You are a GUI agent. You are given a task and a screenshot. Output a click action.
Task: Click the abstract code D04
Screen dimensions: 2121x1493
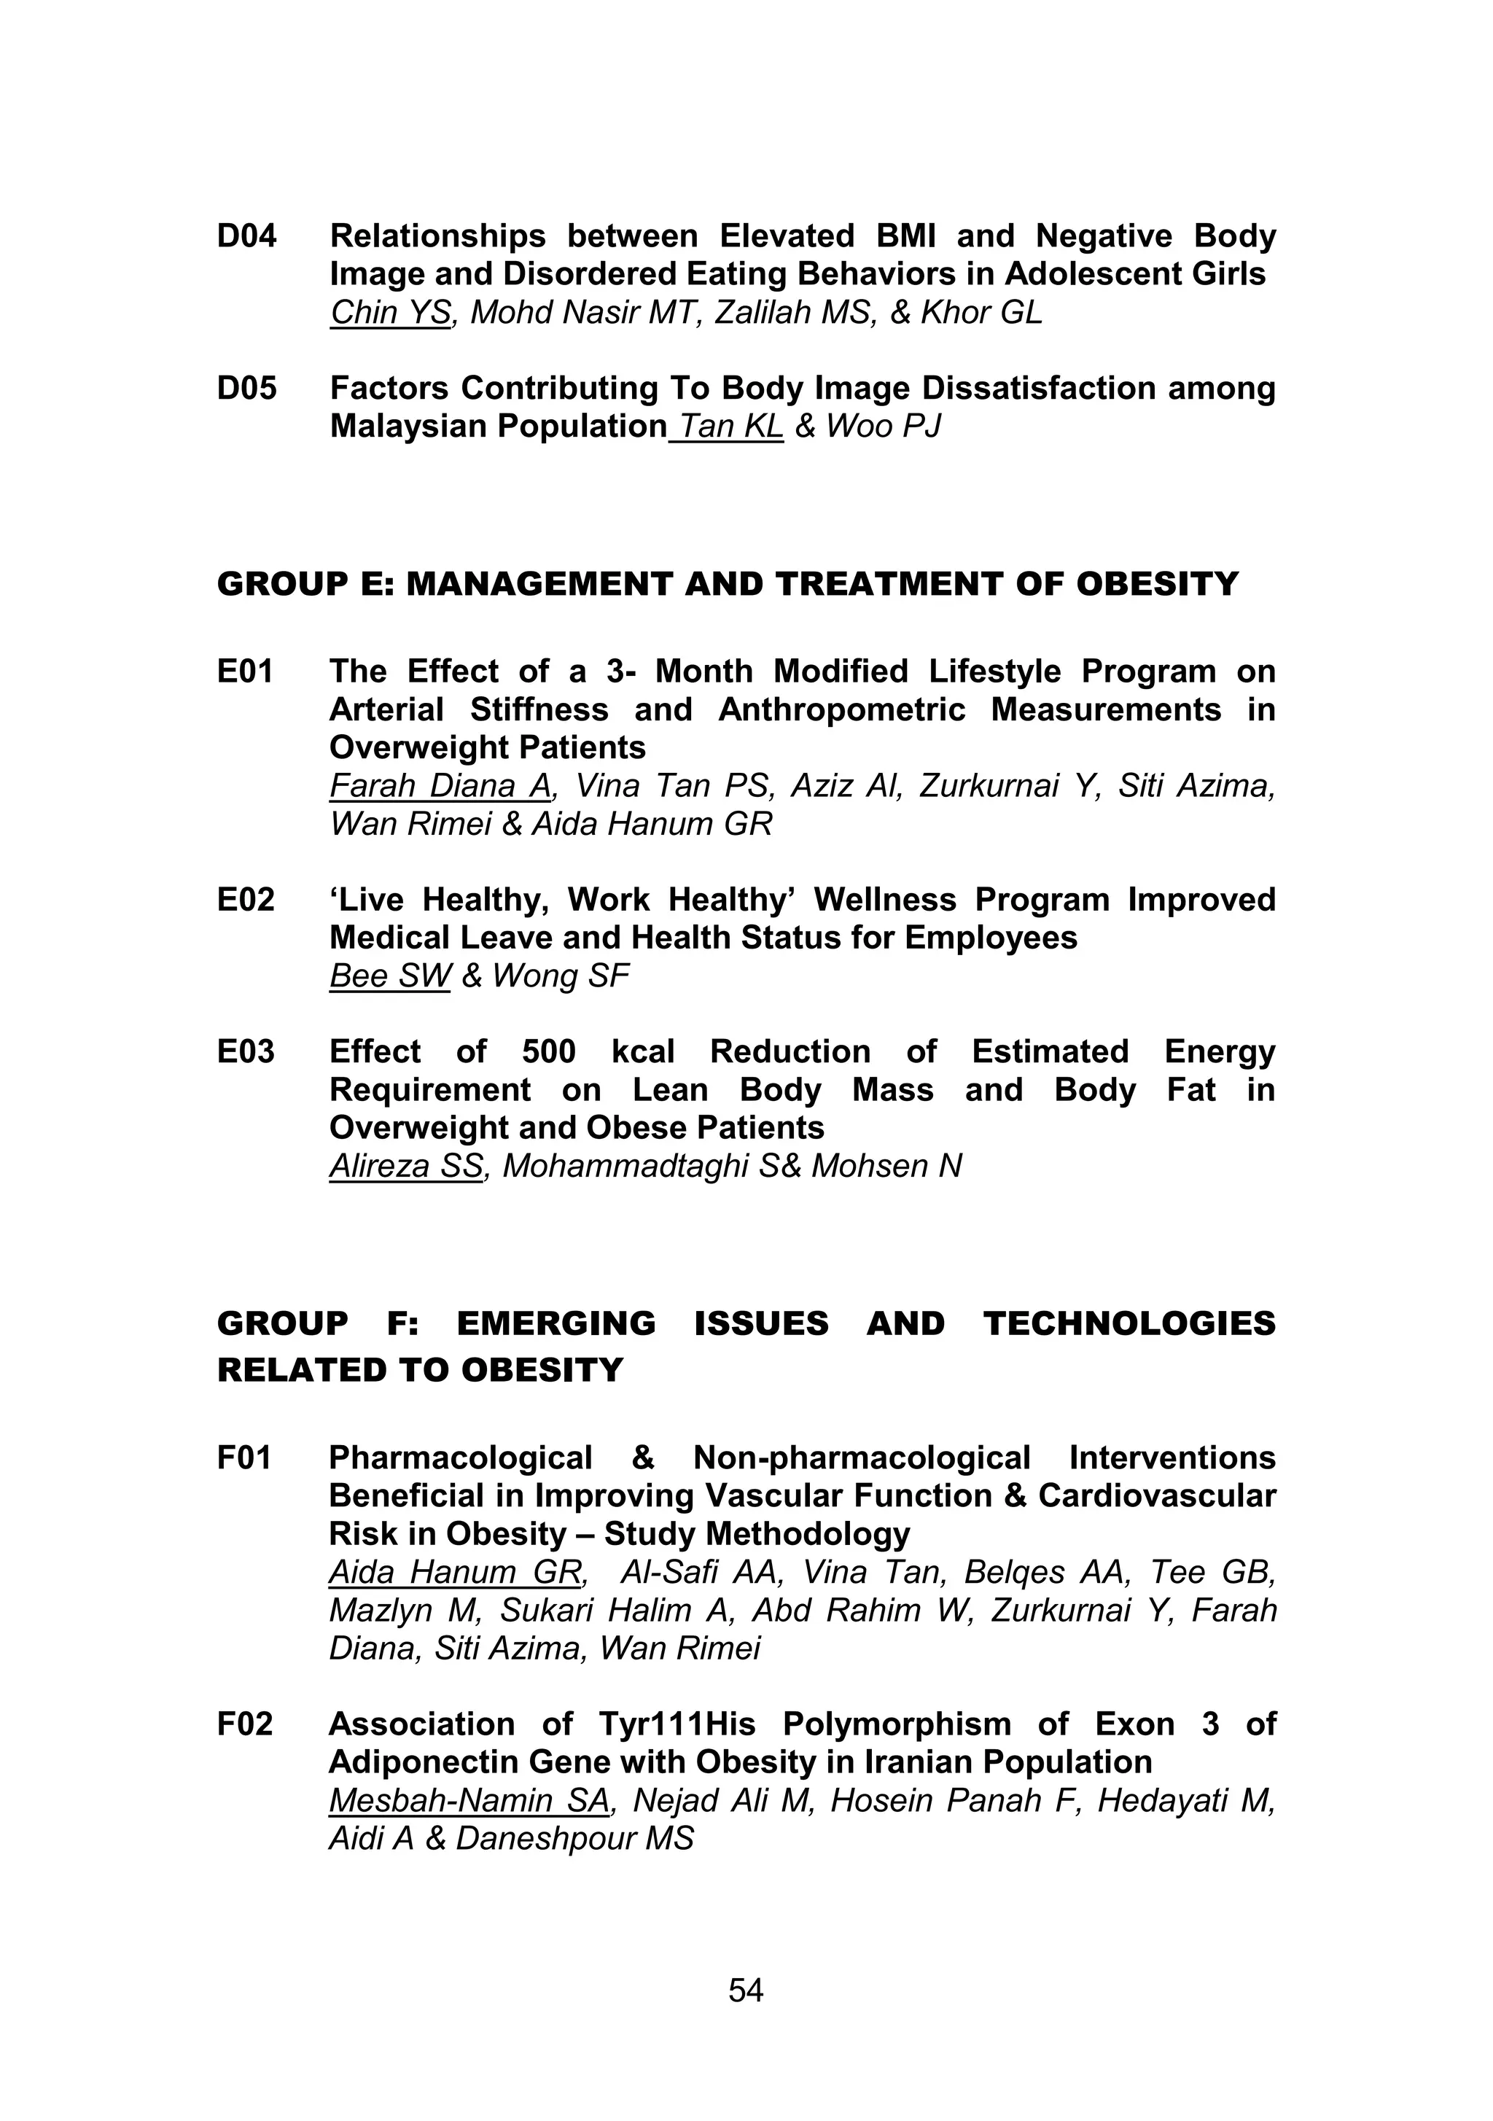[246, 236]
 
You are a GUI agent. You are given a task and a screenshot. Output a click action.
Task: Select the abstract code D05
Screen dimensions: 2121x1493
[246, 388]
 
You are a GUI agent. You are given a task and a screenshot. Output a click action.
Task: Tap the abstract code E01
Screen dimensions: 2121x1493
[245, 671]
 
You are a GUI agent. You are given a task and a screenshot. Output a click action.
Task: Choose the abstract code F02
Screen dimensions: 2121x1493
[245, 1724]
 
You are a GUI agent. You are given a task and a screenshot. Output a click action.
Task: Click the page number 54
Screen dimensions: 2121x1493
[746, 1990]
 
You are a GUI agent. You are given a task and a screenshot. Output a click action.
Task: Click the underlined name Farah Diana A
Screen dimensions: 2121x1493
[440, 785]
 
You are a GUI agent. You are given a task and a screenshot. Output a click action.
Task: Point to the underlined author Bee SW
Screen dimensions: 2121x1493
[389, 976]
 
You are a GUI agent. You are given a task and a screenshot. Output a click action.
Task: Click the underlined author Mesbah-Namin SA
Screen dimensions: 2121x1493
[469, 1800]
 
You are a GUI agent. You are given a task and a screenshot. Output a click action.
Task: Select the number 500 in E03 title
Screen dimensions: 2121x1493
[549, 1051]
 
